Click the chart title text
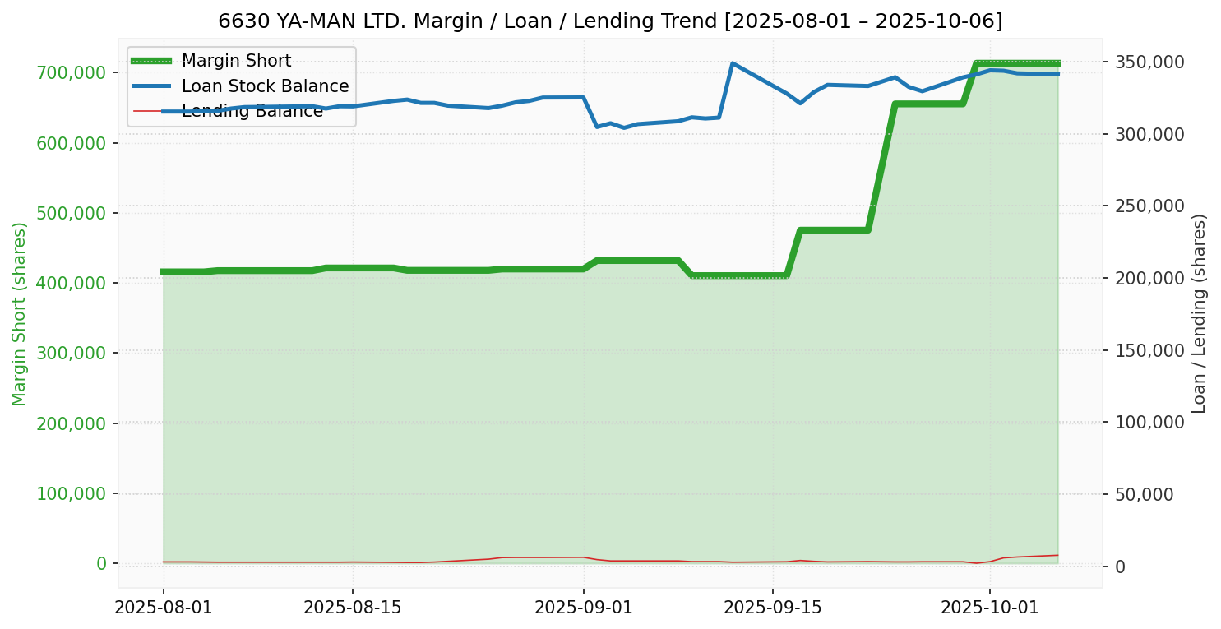pyautogui.click(x=610, y=21)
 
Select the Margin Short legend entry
pyautogui.click(x=236, y=62)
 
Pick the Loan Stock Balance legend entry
pyautogui.click(x=265, y=86)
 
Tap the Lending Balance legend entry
pyautogui.click(x=252, y=111)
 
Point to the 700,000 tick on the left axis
pyautogui.click(x=72, y=73)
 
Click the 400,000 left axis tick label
pyautogui.click(x=72, y=283)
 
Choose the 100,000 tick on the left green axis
pyautogui.click(x=72, y=493)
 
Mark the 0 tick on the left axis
pyautogui.click(x=101, y=564)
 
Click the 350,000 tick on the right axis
pyautogui.click(x=1149, y=62)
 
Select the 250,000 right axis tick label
pyautogui.click(x=1149, y=206)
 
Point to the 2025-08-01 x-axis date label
pyautogui.click(x=164, y=608)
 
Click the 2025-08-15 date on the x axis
pyautogui.click(x=353, y=608)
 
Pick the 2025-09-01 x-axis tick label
pyautogui.click(x=584, y=608)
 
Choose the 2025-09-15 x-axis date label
pyautogui.click(x=772, y=608)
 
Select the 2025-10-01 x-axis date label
pyautogui.click(x=989, y=608)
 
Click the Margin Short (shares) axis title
pyautogui.click(x=20, y=314)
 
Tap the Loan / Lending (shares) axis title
pyautogui.click(x=1199, y=313)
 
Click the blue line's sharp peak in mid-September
pyautogui.click(x=732, y=63)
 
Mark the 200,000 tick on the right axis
pyautogui.click(x=1149, y=279)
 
